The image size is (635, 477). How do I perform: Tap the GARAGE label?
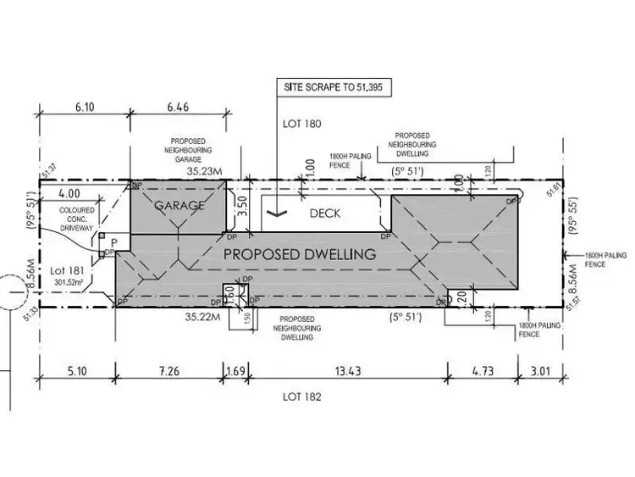point(179,205)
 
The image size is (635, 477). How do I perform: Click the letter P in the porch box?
point(113,241)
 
